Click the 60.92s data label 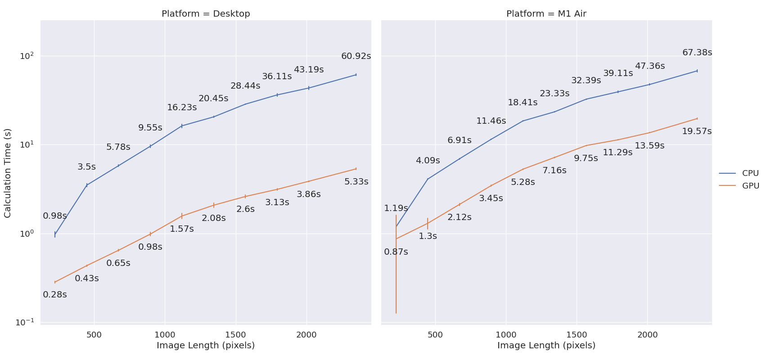356,56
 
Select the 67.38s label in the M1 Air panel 697,53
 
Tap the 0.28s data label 55,295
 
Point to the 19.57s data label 697,131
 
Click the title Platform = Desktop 206,13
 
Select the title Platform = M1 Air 546,13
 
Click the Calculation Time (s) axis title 8,173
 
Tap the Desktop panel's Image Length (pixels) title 206,346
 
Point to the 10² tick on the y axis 27,56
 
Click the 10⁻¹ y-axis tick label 25,322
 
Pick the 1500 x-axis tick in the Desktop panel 236,335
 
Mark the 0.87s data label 396,252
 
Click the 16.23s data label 182,108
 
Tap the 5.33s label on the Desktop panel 356,182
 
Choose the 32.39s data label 586,81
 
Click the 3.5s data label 86,167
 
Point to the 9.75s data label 586,158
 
